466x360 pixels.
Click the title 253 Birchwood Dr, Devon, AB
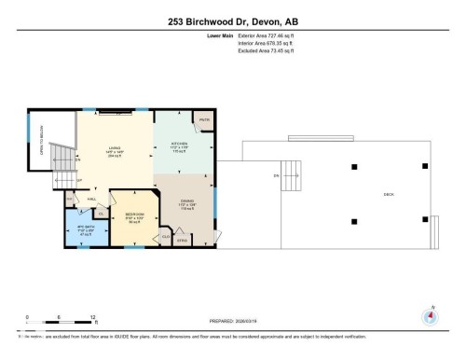click(232, 21)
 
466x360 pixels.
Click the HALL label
click(92, 199)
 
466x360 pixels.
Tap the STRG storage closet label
click(183, 240)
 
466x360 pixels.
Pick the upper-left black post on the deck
click(353, 166)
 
